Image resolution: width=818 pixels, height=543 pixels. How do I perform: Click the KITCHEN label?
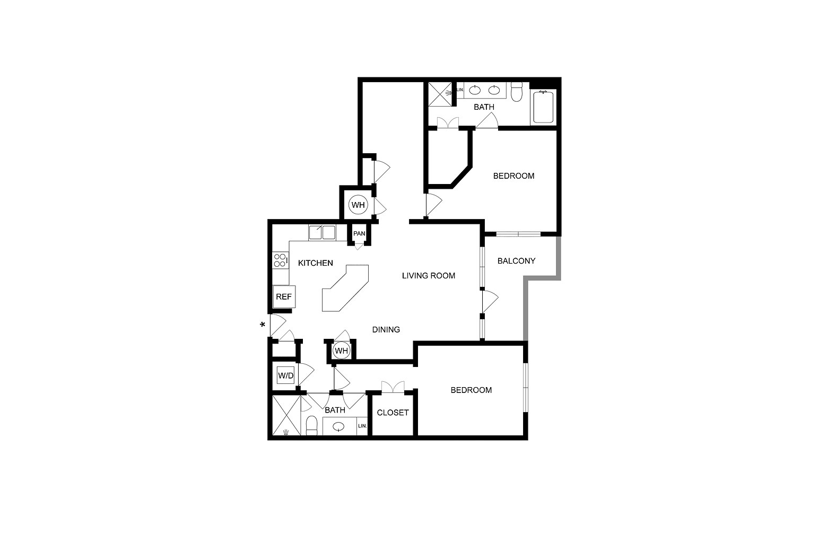tap(316, 263)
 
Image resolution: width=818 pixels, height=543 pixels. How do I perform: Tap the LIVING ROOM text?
tap(428, 276)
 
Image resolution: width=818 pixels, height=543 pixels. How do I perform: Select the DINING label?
tap(386, 330)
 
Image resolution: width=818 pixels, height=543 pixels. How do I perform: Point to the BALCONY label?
tap(516, 261)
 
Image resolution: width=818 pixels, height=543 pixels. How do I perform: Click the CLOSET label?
tap(393, 413)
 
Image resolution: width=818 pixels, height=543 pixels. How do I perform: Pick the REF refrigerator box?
tap(284, 296)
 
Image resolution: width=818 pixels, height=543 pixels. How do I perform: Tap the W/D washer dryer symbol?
tap(285, 375)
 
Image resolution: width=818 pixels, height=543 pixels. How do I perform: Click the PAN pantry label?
tap(359, 233)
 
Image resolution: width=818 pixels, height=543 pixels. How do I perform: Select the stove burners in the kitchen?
tap(280, 260)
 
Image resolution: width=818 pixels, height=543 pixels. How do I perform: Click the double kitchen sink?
tap(321, 232)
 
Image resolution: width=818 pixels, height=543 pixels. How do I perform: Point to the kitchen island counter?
tap(345, 288)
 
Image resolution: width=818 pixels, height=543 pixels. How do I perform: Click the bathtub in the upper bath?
tap(543, 107)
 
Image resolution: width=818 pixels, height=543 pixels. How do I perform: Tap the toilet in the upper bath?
tap(517, 92)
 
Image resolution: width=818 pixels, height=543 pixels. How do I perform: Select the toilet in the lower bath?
tap(311, 425)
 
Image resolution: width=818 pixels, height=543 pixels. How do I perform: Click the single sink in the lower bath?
tap(338, 426)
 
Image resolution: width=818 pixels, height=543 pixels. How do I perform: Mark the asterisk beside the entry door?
tap(262, 325)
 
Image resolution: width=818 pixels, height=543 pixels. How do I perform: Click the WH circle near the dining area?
tap(342, 351)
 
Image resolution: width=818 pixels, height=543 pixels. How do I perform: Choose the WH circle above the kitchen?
tap(358, 205)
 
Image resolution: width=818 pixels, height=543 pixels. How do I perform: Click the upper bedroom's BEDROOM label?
tap(514, 176)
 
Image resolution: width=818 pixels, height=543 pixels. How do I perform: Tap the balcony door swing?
tap(491, 301)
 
